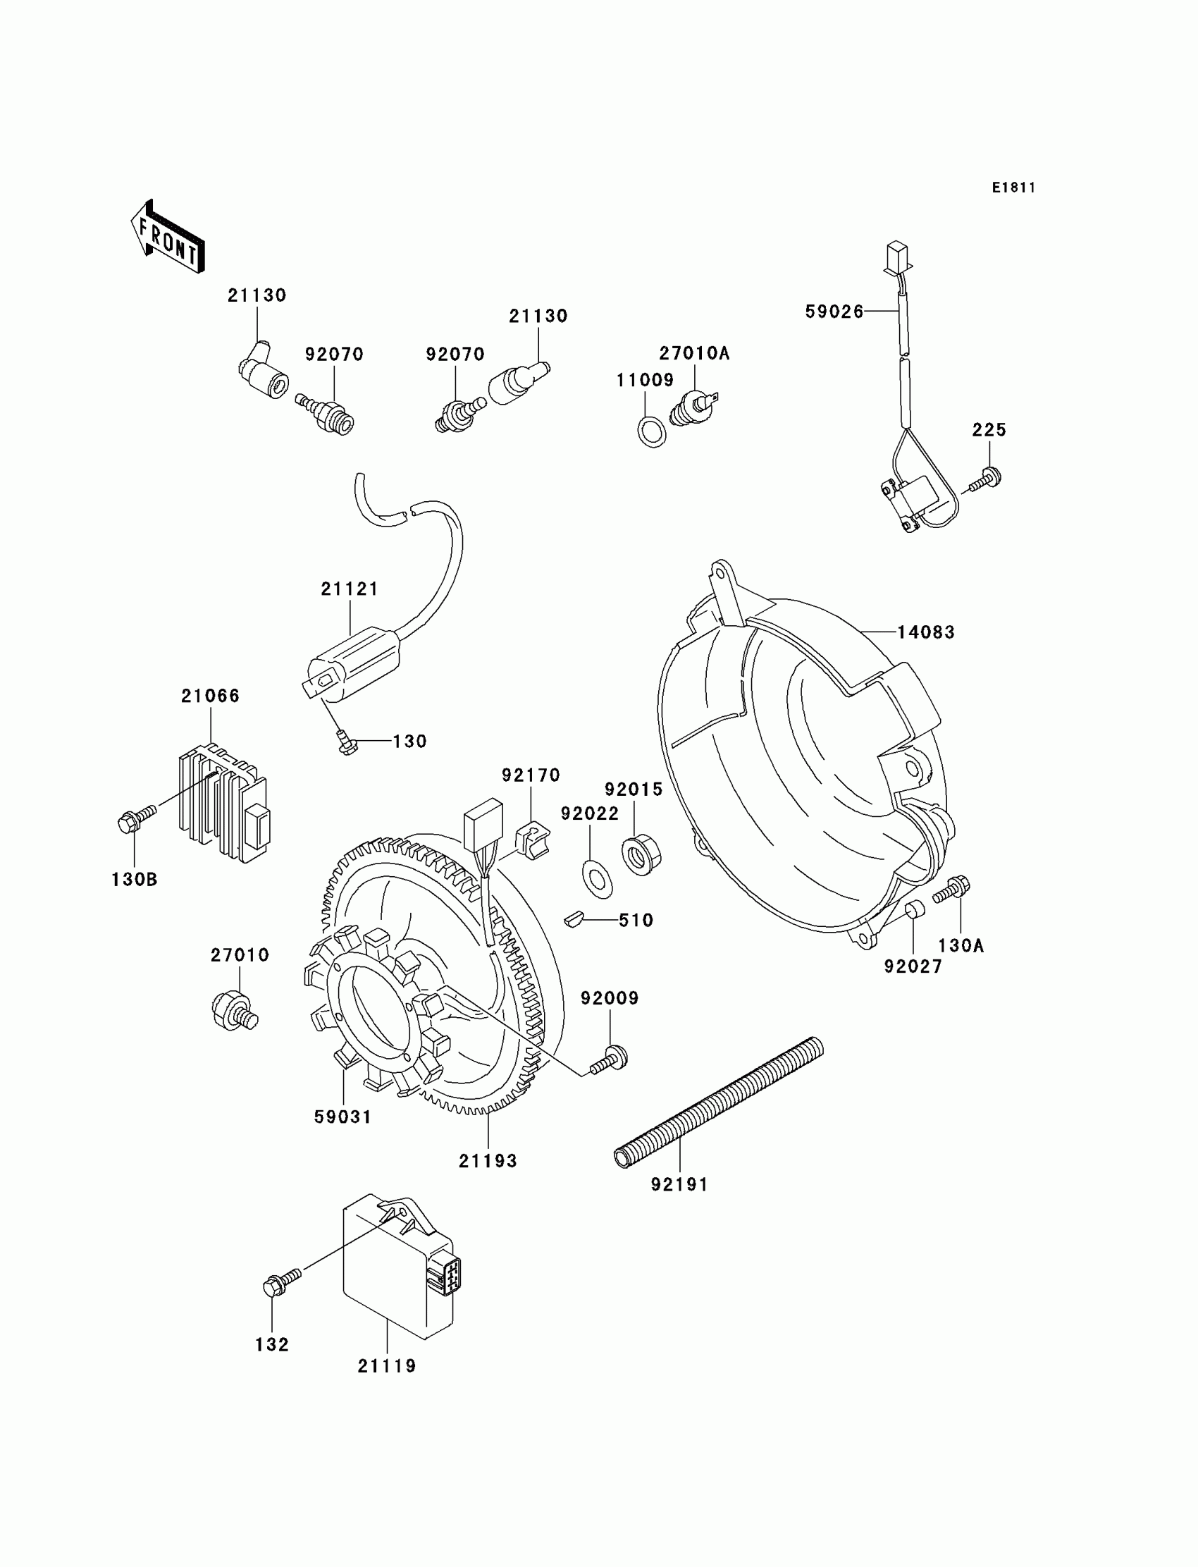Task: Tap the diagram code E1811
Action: click(x=1013, y=188)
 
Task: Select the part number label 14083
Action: click(x=925, y=632)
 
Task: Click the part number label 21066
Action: click(x=211, y=696)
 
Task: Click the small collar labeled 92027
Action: click(x=914, y=911)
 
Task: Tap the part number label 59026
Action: click(x=834, y=312)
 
